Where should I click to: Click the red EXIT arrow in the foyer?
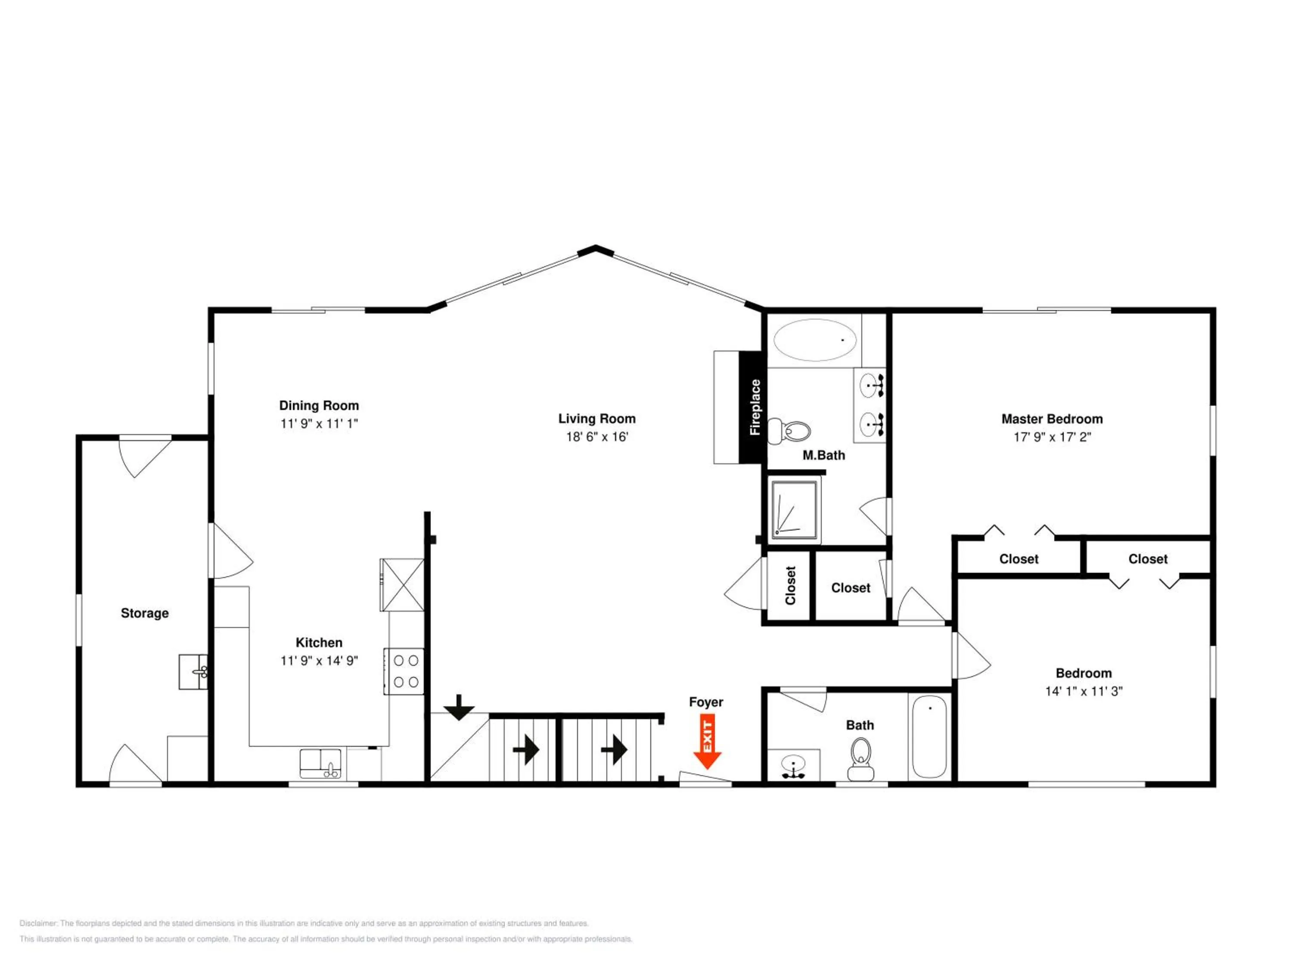[707, 743]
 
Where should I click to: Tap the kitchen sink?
[321, 764]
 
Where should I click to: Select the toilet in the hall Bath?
[860, 759]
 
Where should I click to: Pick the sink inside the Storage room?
[193, 672]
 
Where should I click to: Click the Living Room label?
[596, 418]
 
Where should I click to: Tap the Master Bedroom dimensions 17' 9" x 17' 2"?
[1052, 437]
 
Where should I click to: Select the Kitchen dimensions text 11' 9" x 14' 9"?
[319, 661]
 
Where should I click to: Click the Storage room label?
[145, 613]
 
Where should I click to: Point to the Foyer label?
[706, 702]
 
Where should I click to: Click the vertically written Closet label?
[790, 585]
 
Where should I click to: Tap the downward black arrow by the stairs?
[459, 707]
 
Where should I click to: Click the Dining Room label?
[319, 405]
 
